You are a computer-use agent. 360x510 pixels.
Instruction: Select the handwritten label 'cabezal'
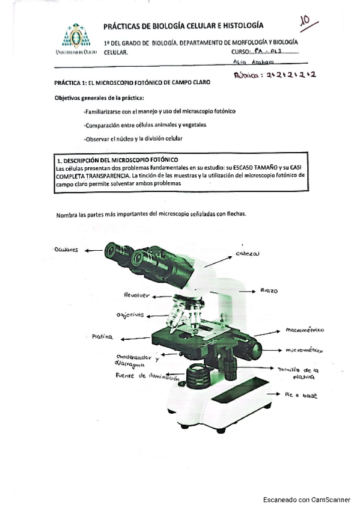tap(248, 254)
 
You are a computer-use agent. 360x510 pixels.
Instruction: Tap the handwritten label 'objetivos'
tap(129, 315)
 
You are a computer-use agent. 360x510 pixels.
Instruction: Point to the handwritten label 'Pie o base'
tap(301, 395)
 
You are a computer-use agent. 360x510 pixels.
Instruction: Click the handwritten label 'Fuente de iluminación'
tap(147, 376)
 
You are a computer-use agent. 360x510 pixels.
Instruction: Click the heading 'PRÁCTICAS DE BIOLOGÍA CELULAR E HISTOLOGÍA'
tap(183, 26)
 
